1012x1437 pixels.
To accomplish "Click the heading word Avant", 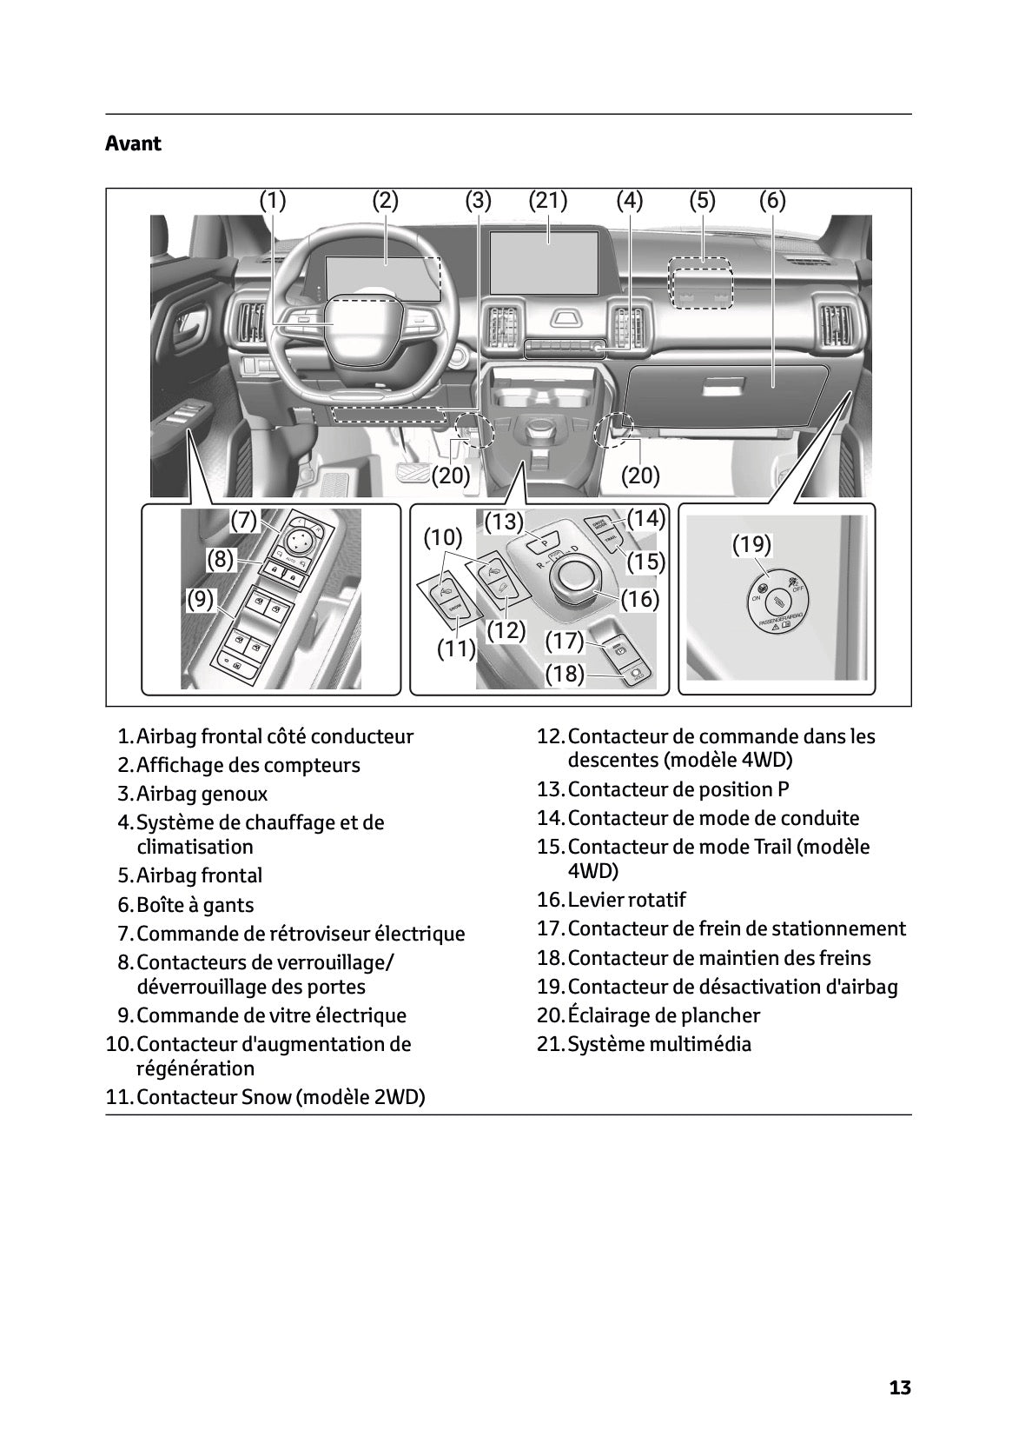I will tap(133, 143).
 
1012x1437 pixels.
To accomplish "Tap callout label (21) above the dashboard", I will tap(548, 201).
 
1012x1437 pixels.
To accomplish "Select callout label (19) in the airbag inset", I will tap(751, 545).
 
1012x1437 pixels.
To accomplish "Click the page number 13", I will tap(900, 1387).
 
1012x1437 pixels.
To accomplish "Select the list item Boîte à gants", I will tap(195, 905).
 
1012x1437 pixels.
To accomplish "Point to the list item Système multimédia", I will tap(659, 1044).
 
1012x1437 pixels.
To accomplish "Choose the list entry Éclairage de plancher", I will tap(664, 1015).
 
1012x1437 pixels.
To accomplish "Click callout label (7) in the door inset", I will tap(245, 521).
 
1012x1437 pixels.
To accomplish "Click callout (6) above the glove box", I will tap(772, 201).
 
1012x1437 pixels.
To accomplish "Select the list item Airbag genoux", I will tap(202, 794).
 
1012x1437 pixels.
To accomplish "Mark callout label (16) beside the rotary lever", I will tap(640, 599).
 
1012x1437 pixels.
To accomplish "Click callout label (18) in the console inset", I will tap(565, 674).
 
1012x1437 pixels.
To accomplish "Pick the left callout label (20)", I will tap(451, 476).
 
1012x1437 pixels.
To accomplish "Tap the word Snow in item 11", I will tap(268, 1097).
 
